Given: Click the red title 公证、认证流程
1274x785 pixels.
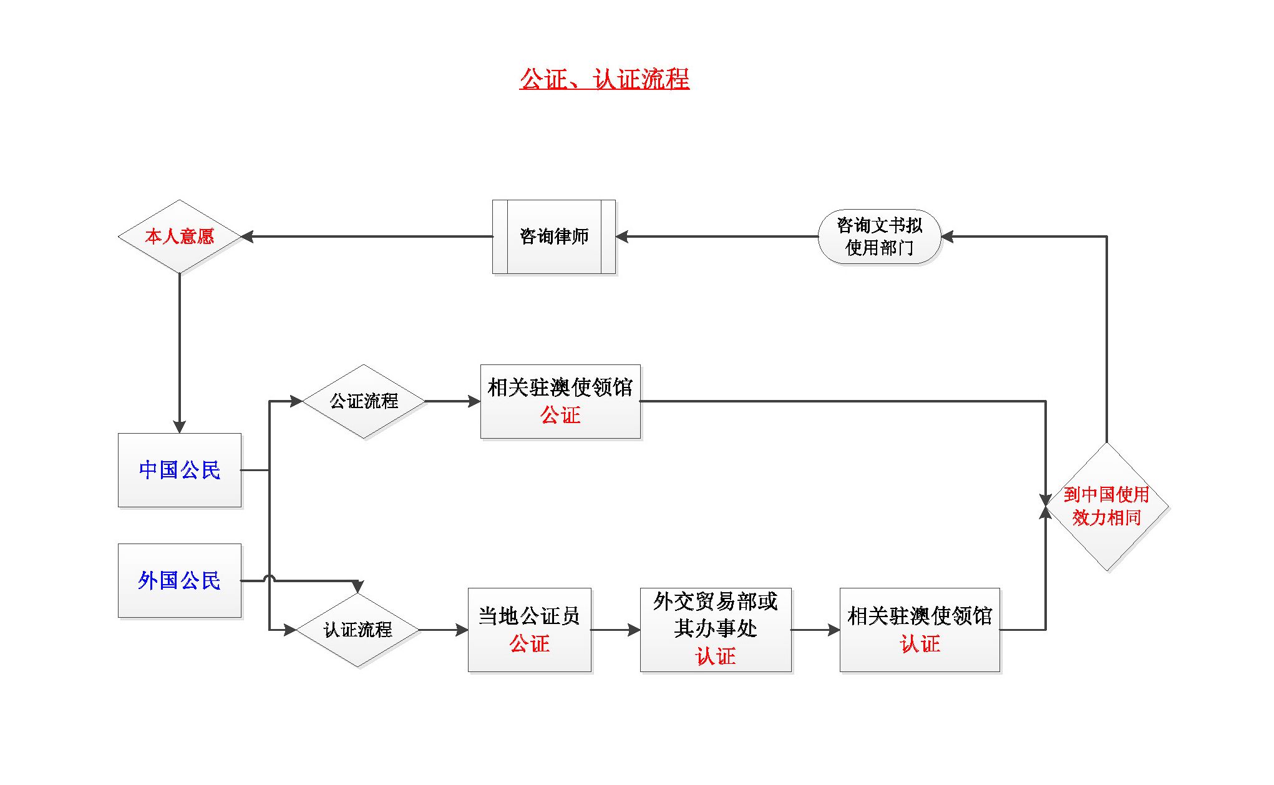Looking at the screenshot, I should pos(604,79).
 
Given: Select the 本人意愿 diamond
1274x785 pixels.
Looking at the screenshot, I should pos(179,236).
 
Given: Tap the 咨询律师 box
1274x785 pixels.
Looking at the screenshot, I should pos(554,236).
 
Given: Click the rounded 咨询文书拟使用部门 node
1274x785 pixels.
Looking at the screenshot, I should pos(879,236).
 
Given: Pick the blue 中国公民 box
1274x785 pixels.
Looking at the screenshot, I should pos(179,470).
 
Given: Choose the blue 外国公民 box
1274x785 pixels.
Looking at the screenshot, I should pos(179,580).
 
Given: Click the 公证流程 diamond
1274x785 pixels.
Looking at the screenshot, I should pos(364,401).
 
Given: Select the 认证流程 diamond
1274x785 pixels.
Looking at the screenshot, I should pos(357,630).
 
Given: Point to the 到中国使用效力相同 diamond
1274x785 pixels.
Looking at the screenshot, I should pos(1106,506).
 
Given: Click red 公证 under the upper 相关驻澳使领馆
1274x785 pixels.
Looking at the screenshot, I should pos(560,416).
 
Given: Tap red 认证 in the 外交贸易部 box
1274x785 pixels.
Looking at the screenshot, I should pos(716,656).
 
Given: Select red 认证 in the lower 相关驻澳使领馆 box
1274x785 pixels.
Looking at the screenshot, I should pos(920,644).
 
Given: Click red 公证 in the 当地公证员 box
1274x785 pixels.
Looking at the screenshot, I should pos(529,644).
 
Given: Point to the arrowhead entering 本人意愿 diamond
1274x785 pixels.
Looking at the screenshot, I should pos(247,236).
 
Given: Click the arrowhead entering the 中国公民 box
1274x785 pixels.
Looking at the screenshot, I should pos(179,427).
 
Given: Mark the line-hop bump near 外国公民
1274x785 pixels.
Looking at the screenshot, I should pos(270,578).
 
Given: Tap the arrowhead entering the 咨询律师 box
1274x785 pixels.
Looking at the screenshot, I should pos(622,236).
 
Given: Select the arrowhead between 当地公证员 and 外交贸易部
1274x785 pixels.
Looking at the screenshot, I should pos(634,630).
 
